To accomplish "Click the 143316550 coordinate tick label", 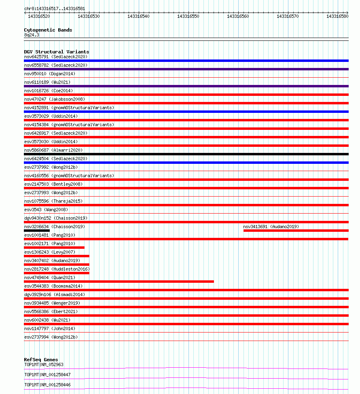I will coord(188,16).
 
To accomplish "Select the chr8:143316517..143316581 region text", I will coord(55,8).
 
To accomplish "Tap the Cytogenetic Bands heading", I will coord(48,30).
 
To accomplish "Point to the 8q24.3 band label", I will coord(32,35).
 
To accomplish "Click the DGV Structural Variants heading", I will coord(57,52).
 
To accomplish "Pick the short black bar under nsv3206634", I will coord(37,231).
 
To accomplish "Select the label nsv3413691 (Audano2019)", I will coord(271,227).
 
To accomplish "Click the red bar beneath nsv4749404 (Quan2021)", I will coord(119,282).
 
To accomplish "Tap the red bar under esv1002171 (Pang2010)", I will coord(54,248).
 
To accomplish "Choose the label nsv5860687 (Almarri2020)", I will coord(53,150).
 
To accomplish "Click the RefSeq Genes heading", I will coord(41,360).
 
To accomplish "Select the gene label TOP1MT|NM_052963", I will coord(44,364).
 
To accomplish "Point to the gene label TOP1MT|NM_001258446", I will coord(47,385).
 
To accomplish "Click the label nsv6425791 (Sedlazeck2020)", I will coord(56,57).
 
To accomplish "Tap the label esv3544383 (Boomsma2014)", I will coord(53,286).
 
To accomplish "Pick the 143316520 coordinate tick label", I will coord(39,16).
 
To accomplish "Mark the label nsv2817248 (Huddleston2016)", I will coord(57,269).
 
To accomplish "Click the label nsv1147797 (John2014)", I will coord(50,328).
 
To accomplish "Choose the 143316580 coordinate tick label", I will coord(337,16).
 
